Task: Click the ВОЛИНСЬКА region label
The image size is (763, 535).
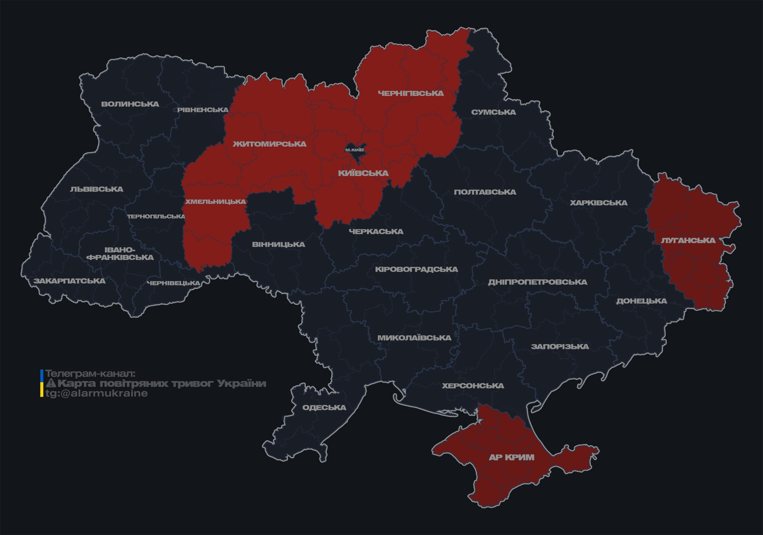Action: coord(130,104)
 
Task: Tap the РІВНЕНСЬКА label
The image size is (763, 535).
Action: coord(203,110)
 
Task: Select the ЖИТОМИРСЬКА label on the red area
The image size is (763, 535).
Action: coord(269,144)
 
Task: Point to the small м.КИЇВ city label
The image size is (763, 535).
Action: coord(354,150)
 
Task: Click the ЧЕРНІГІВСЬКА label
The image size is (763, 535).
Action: coord(411,93)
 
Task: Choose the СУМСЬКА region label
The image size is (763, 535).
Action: coord(494,112)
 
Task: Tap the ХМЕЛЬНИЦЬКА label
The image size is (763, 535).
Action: coord(215,202)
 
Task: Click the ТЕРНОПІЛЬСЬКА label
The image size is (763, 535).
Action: coord(156,216)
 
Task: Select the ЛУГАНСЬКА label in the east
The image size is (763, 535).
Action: coord(688,240)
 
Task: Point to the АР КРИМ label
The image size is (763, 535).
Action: coord(511,457)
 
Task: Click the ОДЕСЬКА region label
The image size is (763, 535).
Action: coord(324,407)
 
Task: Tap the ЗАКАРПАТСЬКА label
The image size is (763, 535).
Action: coord(70,281)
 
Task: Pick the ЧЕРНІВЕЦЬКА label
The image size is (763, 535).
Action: coord(173,283)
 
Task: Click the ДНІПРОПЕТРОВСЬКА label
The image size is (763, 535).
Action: coord(537,282)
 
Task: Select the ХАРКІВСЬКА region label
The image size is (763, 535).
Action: coord(598,203)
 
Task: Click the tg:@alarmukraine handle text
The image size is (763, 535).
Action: coord(97,393)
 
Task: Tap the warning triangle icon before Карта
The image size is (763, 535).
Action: coord(51,383)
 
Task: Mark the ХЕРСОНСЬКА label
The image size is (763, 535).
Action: coord(473,386)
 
